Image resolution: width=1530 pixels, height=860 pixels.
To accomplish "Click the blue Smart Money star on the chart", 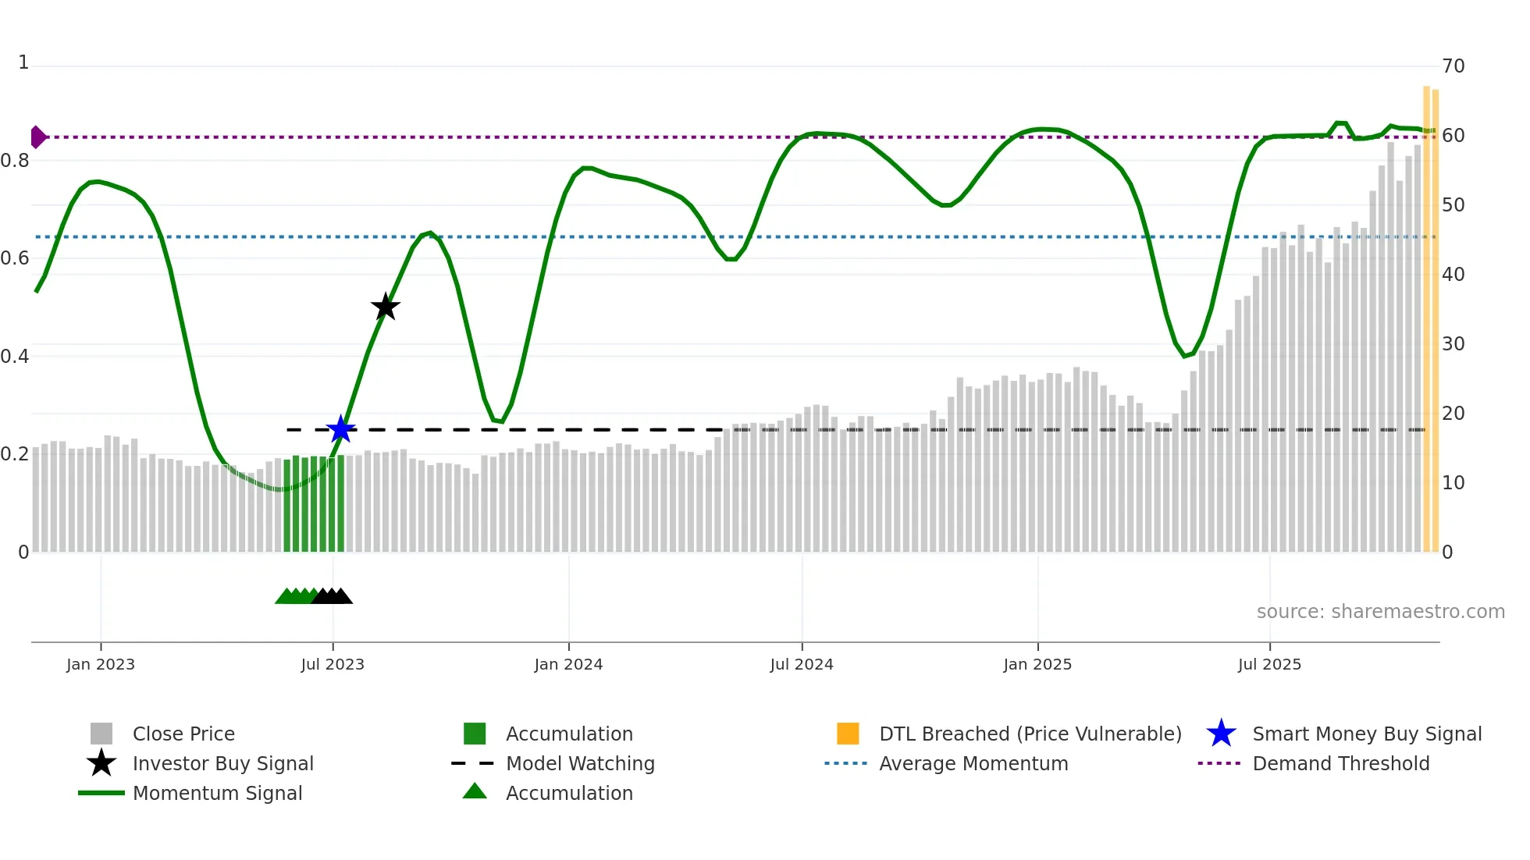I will [340, 429].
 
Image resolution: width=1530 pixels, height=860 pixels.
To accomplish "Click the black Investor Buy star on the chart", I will [385, 307].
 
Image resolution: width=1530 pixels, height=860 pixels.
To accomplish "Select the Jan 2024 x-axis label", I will [568, 664].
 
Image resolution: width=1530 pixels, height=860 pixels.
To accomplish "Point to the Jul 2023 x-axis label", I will [333, 664].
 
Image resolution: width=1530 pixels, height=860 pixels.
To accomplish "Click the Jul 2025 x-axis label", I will [1269, 664].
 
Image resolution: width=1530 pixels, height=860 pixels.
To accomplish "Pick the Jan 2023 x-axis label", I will [101, 664].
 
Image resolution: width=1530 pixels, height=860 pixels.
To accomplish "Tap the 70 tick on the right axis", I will [1453, 66].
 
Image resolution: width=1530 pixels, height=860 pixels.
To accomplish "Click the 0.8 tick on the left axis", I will [15, 161].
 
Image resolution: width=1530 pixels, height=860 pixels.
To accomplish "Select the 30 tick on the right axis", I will [1453, 344].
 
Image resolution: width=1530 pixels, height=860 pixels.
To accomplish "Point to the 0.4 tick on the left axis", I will [15, 357].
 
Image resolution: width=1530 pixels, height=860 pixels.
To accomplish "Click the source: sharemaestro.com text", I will [1380, 612].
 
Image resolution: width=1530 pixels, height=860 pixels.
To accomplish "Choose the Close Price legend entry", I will [183, 734].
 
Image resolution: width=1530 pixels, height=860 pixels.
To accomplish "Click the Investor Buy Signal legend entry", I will [222, 763].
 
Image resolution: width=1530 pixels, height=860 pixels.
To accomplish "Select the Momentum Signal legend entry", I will [217, 793].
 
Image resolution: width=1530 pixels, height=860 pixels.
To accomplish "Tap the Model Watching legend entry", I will [580, 763].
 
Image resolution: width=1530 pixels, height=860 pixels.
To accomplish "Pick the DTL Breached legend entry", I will [1030, 734].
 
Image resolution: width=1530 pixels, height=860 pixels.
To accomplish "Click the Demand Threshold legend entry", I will [1340, 763].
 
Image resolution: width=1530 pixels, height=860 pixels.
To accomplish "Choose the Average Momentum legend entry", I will [973, 763].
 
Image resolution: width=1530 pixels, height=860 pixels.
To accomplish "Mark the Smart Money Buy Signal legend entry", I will [1367, 734].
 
